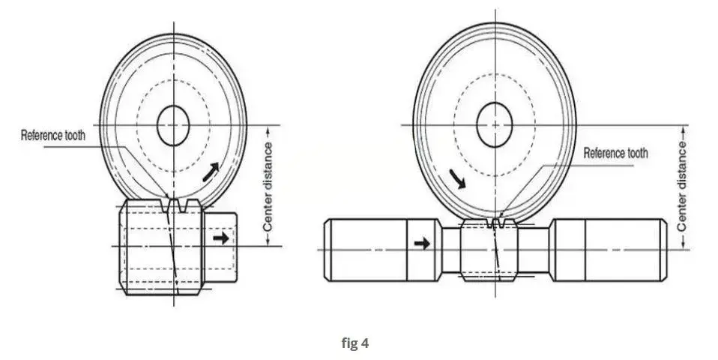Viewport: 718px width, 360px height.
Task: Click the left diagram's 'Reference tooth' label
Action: pyautogui.click(x=53, y=136)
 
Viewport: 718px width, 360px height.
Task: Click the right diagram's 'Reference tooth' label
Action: pyautogui.click(x=615, y=153)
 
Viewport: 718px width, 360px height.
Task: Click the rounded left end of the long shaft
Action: pyautogui.click(x=327, y=250)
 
